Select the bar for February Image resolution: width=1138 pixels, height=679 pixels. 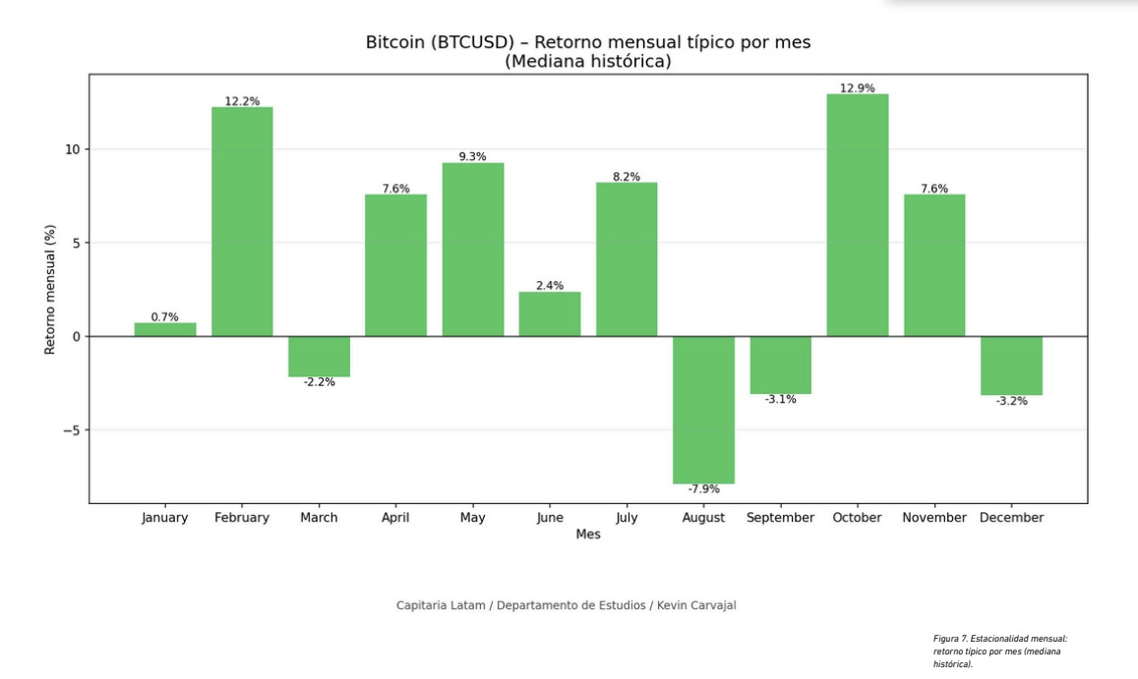click(x=242, y=221)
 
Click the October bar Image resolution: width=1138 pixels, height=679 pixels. click(x=857, y=215)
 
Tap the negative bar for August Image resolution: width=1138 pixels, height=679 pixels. click(x=703, y=410)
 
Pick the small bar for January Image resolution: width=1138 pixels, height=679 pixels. click(x=165, y=329)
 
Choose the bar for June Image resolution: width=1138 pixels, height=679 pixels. click(x=550, y=313)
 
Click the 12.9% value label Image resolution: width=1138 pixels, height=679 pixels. click(x=857, y=88)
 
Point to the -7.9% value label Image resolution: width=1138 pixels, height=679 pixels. click(x=703, y=489)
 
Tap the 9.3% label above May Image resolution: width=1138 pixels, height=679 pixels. click(x=472, y=156)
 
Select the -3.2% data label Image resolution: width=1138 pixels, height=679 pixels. click(x=1011, y=401)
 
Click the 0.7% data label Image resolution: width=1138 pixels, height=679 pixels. click(x=165, y=316)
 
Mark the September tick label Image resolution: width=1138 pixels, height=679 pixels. click(x=780, y=518)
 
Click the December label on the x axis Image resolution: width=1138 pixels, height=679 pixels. click(x=1011, y=518)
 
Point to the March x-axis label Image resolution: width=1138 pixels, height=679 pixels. click(x=319, y=518)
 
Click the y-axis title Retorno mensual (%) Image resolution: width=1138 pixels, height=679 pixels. click(x=50, y=290)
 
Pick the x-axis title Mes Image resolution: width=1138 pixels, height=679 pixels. click(x=588, y=535)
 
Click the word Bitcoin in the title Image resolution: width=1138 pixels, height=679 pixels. click(x=396, y=42)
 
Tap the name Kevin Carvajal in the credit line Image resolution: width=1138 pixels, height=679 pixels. click(x=695, y=605)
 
